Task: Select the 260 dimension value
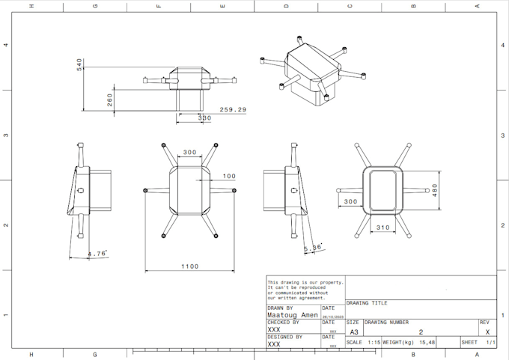click(x=109, y=100)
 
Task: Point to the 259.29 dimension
click(x=233, y=109)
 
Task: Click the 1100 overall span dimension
click(x=190, y=266)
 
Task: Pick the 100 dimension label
click(x=229, y=177)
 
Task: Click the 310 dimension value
click(x=382, y=228)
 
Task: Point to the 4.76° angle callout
click(x=97, y=254)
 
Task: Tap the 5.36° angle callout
click(x=313, y=248)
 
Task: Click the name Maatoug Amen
click(x=293, y=315)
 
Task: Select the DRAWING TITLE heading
click(x=367, y=303)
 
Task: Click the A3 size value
click(x=353, y=332)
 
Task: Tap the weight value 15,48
click(x=427, y=342)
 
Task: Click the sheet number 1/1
click(x=490, y=342)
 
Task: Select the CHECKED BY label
click(x=283, y=322)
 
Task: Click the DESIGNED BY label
click(x=284, y=337)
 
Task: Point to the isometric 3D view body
click(x=311, y=71)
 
